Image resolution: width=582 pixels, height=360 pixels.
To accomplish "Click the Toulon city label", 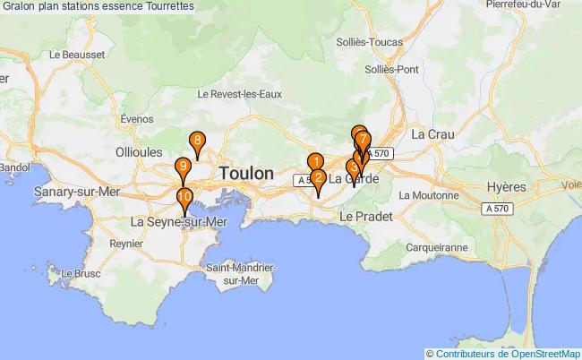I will [x=245, y=174].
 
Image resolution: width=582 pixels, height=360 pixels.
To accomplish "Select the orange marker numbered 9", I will [x=183, y=167].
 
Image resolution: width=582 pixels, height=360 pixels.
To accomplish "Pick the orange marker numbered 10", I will [x=184, y=198].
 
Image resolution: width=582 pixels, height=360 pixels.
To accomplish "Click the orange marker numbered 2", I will [x=318, y=178].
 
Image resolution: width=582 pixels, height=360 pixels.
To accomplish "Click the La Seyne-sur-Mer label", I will [x=180, y=221].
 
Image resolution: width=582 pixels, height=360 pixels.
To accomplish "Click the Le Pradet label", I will [x=362, y=217].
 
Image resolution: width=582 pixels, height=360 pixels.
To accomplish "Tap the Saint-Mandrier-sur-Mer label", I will [x=241, y=273].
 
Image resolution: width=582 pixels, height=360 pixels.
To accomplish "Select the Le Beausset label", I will [x=79, y=55].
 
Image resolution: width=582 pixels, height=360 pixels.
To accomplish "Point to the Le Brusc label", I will [x=86, y=273].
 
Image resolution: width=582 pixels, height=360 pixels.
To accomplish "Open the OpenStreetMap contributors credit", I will [x=507, y=353].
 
